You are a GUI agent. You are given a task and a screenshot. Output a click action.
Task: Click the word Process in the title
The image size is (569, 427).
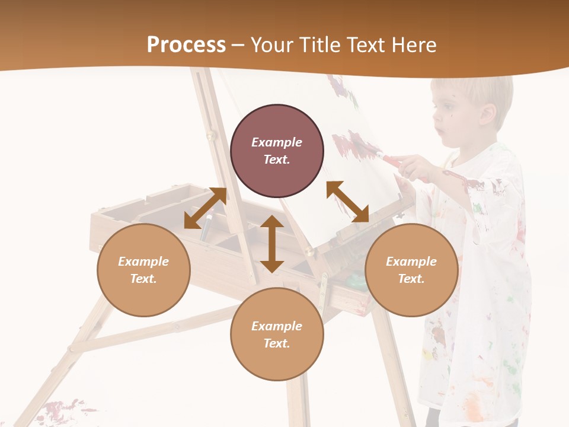[186, 45]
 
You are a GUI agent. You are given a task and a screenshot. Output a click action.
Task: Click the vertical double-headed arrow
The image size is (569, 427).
[272, 244]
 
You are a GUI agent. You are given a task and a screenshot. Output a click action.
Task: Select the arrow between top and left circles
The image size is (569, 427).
[205, 208]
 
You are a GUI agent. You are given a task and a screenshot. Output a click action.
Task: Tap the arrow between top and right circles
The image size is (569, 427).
[347, 202]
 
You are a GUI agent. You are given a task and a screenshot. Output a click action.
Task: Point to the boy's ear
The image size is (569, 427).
[488, 114]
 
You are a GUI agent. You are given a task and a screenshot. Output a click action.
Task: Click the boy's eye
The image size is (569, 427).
[445, 109]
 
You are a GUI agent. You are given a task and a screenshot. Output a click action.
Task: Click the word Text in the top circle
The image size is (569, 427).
[276, 160]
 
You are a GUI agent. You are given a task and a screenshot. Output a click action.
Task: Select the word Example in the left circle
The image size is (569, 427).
[143, 262]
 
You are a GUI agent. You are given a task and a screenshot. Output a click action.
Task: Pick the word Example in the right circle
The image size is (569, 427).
[411, 262]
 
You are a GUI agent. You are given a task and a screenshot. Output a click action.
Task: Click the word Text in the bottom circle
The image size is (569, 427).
[276, 343]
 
